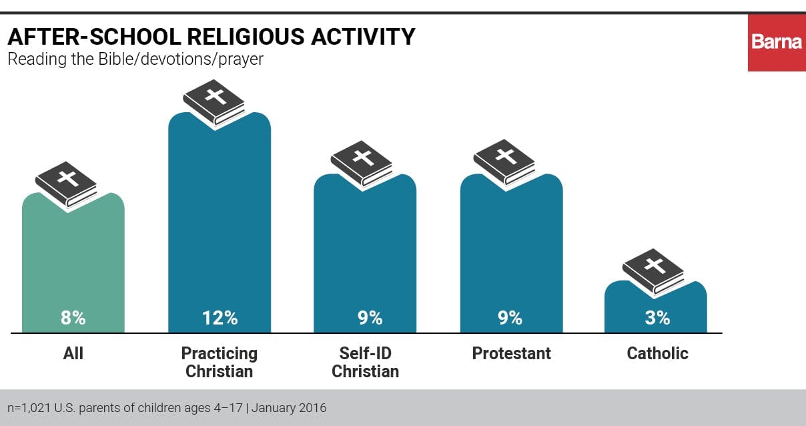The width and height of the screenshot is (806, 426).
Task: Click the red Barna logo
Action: (x=777, y=41)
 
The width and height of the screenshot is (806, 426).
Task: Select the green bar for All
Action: (x=73, y=267)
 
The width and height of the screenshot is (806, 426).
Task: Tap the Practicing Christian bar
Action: (x=220, y=227)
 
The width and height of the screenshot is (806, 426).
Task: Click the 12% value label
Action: (x=220, y=318)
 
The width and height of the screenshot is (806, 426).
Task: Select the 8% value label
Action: (x=73, y=318)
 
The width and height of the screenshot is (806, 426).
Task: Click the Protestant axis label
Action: (x=512, y=353)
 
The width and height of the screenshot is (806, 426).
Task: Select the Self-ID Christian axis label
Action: (x=365, y=362)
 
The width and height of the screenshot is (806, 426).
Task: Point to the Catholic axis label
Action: (x=657, y=353)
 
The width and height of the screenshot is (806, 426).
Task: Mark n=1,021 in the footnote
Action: (x=30, y=407)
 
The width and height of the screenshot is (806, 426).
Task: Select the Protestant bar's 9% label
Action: (x=510, y=318)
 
